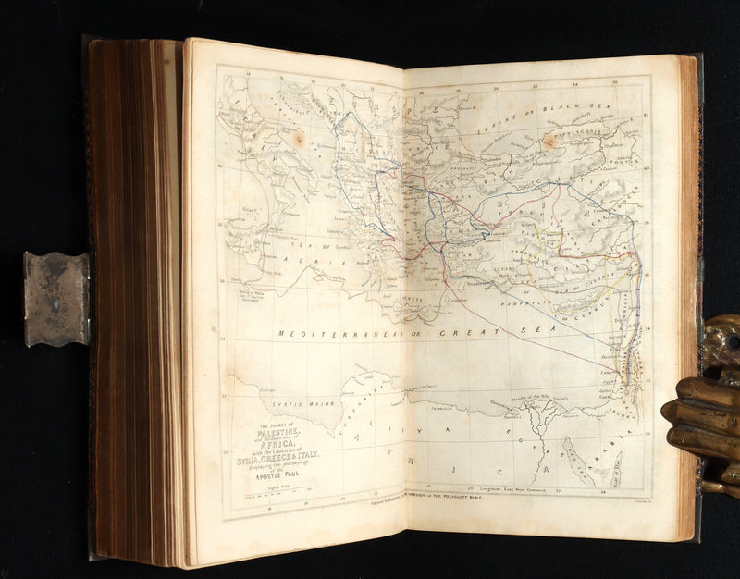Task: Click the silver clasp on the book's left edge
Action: tap(56, 299)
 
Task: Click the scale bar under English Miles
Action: tap(277, 499)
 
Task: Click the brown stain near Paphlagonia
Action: tap(551, 141)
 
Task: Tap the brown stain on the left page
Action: tap(299, 139)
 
